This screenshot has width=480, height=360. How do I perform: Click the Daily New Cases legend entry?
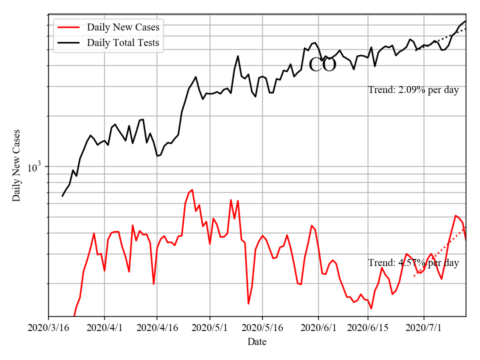[123, 27]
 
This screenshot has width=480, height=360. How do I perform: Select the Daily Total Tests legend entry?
[123, 42]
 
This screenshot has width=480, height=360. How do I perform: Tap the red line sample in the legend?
[69, 27]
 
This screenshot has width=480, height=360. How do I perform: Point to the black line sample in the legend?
[69, 42]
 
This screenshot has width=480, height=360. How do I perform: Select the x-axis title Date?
[257, 342]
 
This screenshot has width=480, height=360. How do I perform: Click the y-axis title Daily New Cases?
[16, 165]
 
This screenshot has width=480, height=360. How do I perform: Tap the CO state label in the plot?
[322, 65]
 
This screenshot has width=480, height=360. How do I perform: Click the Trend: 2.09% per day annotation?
[413, 90]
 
